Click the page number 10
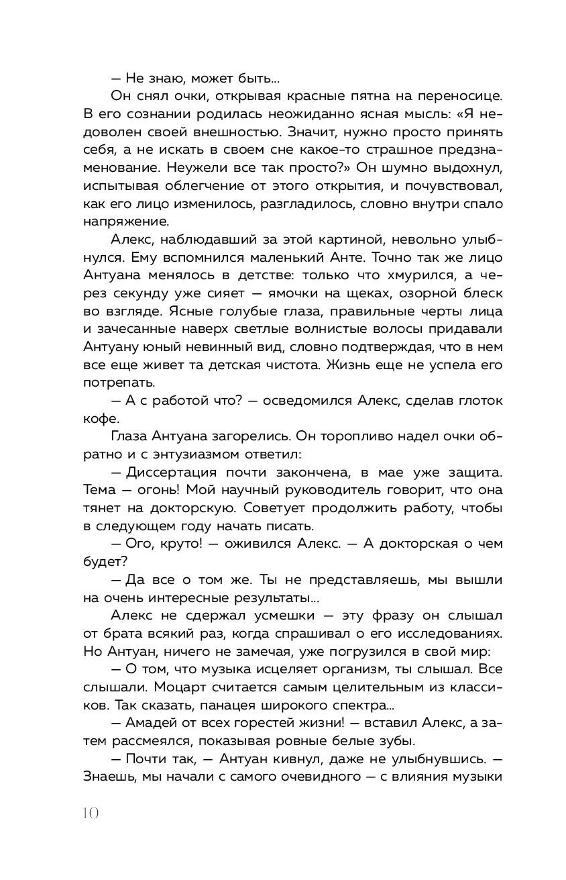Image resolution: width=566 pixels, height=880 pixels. (91, 813)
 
